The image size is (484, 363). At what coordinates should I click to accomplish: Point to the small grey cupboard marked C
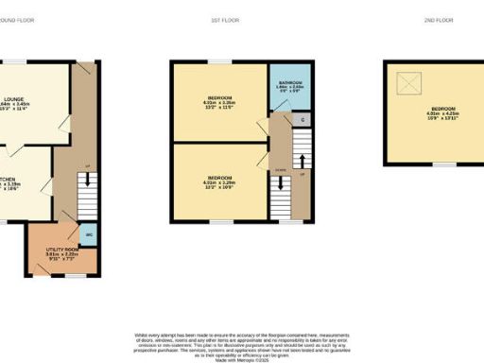(x=302, y=120)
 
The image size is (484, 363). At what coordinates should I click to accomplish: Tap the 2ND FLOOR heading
(x=441, y=20)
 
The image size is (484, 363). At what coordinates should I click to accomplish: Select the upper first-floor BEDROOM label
(x=220, y=98)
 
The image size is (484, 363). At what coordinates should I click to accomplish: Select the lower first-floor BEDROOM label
(x=220, y=177)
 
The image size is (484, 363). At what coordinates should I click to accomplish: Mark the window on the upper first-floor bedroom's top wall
(x=220, y=62)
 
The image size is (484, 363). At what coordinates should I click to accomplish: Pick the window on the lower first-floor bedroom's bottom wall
(x=220, y=223)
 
